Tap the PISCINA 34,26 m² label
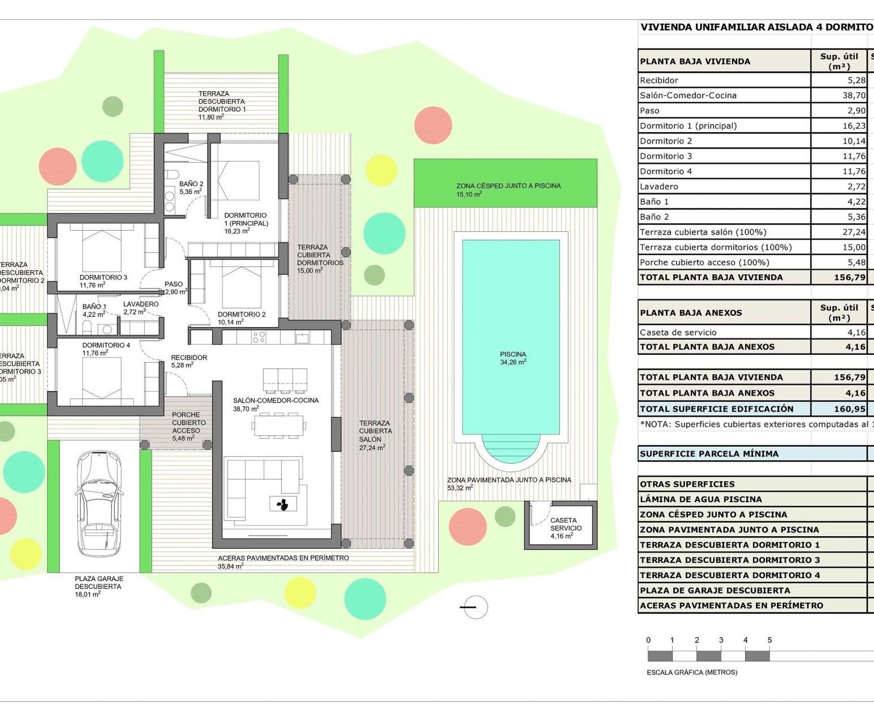tap(513, 358)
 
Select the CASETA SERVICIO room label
tap(566, 528)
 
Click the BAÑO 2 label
tap(191, 188)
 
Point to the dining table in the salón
tap(278, 425)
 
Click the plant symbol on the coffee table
tap(283, 504)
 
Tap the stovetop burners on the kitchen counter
tap(259, 337)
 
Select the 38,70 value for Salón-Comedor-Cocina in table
tap(854, 96)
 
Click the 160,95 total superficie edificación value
tap(849, 409)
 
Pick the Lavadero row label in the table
tap(659, 186)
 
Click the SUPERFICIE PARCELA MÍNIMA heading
tap(709, 454)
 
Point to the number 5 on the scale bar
tap(769, 641)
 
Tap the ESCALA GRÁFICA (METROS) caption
tap(692, 672)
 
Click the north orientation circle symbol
tap(476, 607)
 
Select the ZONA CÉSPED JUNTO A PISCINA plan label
tap(508, 190)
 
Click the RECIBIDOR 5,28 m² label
tap(189, 361)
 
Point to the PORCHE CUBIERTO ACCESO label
tap(189, 426)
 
